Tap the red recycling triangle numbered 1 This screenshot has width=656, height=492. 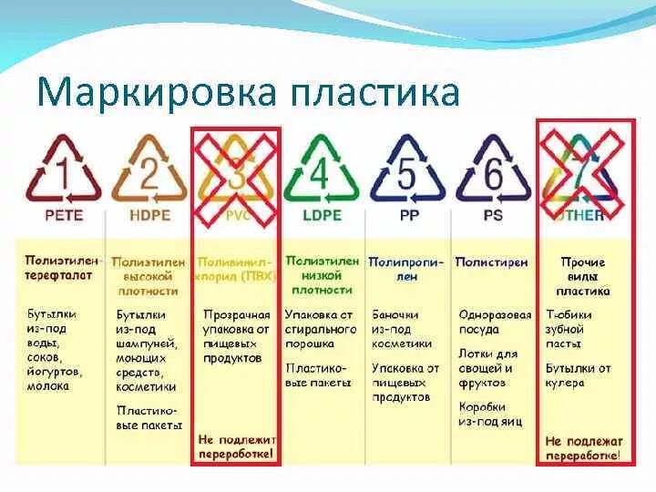[x=64, y=170]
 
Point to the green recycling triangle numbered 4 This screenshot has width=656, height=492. [x=319, y=170]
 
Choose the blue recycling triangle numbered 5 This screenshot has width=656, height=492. [x=407, y=170]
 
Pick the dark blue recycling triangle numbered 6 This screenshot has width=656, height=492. [x=493, y=170]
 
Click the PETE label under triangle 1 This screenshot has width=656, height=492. [x=64, y=217]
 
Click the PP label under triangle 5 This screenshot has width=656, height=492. [x=407, y=217]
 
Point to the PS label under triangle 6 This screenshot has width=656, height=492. [x=493, y=217]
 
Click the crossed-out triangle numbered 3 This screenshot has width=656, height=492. [x=235, y=170]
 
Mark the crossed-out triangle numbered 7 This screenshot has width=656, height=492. [x=581, y=170]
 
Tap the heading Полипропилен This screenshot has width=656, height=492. [x=406, y=268]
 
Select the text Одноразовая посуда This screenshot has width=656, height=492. [x=495, y=323]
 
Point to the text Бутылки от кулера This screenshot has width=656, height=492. [x=578, y=375]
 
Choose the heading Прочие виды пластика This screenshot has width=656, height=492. [x=583, y=276]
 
